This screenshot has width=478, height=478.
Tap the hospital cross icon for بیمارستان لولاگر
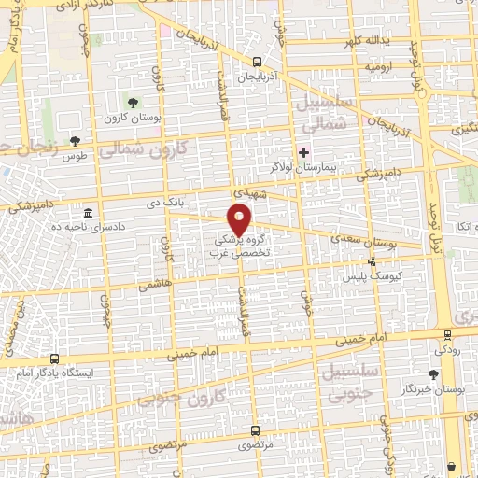click(x=302, y=152)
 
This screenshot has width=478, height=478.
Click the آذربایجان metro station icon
click(x=257, y=61)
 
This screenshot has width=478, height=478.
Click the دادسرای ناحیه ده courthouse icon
click(x=88, y=212)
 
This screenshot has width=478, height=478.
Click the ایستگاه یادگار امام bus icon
click(x=54, y=358)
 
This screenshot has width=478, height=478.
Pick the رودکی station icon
click(x=446, y=334)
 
